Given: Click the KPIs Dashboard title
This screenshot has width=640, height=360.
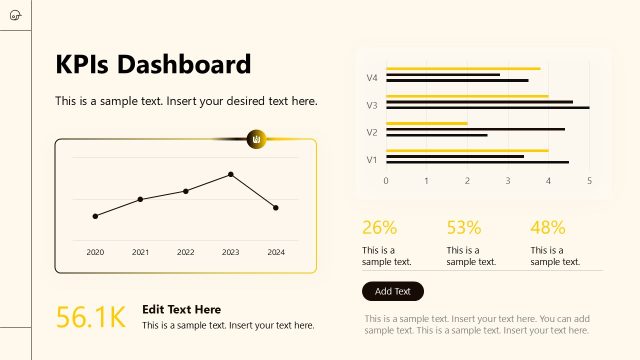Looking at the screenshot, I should (x=153, y=65).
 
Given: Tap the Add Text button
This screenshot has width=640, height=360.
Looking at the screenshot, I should (x=393, y=291).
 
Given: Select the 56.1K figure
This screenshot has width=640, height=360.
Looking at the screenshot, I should (x=90, y=318).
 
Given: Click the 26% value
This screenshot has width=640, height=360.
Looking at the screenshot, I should (x=379, y=227).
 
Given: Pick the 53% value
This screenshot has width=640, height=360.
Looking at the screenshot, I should (x=464, y=227).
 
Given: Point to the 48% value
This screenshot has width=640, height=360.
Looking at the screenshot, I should (x=548, y=227).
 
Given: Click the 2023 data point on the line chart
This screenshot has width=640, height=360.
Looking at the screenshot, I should (x=231, y=174).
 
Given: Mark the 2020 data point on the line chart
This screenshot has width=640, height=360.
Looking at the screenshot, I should (x=95, y=216).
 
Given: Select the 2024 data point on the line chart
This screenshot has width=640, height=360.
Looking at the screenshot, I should (x=276, y=207).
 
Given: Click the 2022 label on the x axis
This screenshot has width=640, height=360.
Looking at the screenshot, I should (x=185, y=253).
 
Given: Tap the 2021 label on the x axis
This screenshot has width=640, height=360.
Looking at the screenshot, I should (x=140, y=253).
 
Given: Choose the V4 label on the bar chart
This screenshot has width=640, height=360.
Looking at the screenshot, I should (x=372, y=77).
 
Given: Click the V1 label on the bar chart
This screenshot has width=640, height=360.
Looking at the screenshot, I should (x=372, y=159).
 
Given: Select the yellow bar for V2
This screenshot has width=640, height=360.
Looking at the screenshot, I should (x=427, y=123).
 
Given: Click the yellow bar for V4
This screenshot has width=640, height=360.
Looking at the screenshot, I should (x=463, y=69).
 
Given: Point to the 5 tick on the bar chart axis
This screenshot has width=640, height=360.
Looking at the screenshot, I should (x=589, y=181).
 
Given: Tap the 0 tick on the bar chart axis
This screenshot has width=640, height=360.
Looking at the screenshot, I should (x=386, y=181).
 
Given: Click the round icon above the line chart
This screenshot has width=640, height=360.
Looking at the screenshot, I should (x=257, y=138).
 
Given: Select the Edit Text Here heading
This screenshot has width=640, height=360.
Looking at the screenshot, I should (x=182, y=310).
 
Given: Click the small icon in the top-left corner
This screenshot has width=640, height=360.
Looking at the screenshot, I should (x=14, y=14).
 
